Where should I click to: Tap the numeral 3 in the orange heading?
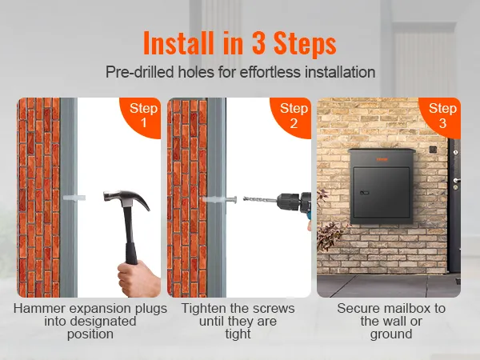[x=258, y=43]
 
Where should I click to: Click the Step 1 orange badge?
[x=141, y=116]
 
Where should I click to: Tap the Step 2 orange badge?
[x=291, y=116]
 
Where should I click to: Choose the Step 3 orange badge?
[x=441, y=116]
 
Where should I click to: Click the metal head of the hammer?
[x=126, y=198]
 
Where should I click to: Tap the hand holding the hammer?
[x=138, y=279]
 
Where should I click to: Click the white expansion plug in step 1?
[x=74, y=198]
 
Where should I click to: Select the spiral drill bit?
[x=260, y=200]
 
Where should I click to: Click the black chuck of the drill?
[x=290, y=202]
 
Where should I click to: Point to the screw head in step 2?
[x=234, y=199]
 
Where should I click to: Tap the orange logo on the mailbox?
[x=382, y=159]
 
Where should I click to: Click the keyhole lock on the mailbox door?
[x=364, y=193]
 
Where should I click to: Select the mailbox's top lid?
[x=382, y=150]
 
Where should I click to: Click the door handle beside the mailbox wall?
[x=456, y=180]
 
